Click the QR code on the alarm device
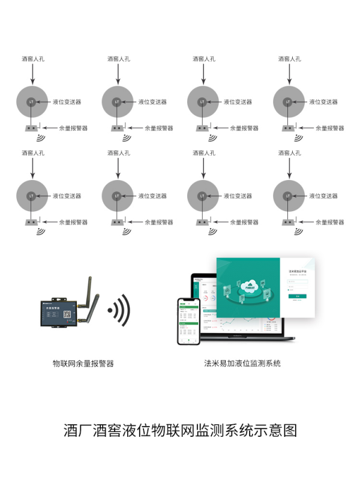coord(67,313)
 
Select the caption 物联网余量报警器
coord(83,364)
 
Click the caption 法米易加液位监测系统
coord(242,364)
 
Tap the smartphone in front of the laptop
coord(189,321)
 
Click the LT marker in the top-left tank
coord(31,102)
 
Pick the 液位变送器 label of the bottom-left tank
coord(67,196)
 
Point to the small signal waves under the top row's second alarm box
coord(126,138)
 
